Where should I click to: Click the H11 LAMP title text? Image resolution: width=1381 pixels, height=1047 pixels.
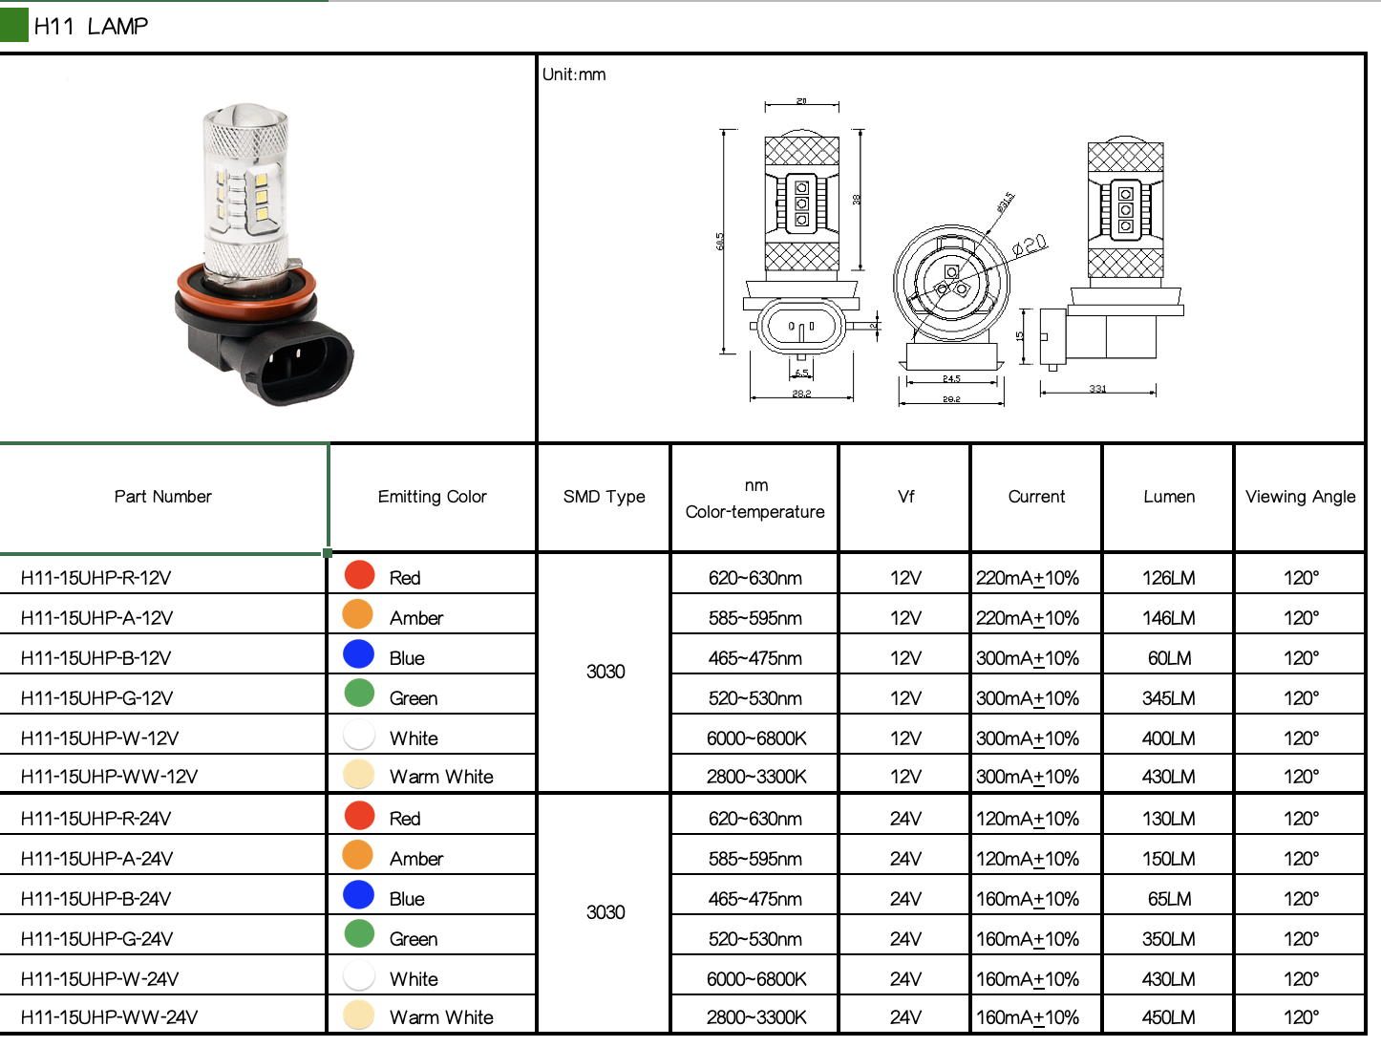coord(91,27)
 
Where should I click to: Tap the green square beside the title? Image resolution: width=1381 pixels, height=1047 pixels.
coord(14,25)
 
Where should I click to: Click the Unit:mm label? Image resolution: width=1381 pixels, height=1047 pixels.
coord(574,75)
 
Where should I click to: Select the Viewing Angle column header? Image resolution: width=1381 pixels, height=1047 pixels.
coord(1300,497)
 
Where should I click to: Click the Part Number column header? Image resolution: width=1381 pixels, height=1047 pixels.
coord(163,497)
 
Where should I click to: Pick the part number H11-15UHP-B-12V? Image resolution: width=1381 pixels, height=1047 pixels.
coord(96,658)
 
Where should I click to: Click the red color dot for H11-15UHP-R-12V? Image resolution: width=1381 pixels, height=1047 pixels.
coord(359,575)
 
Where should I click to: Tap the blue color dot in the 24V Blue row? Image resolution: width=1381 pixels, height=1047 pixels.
coord(359,895)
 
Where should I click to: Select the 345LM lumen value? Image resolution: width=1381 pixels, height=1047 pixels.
coord(1168,698)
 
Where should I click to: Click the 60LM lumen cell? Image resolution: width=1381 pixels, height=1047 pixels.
coord(1168,658)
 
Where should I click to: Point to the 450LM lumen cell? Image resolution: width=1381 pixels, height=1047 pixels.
coord(1168,1017)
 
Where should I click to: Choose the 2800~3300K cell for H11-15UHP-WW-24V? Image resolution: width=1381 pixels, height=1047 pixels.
coord(756,1017)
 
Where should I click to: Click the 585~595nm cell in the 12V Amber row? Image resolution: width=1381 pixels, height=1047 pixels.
coord(755,618)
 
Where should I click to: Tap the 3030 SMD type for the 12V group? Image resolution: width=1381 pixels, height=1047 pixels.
coord(606,672)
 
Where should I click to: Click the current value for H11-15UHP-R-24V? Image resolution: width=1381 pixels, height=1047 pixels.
coord(1028,819)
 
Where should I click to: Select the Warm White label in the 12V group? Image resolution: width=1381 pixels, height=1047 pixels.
coord(441,777)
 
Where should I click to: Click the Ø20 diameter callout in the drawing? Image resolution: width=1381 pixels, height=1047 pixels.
coord(1030,245)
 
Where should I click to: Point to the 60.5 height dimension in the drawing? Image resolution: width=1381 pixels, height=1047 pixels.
coord(720,242)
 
